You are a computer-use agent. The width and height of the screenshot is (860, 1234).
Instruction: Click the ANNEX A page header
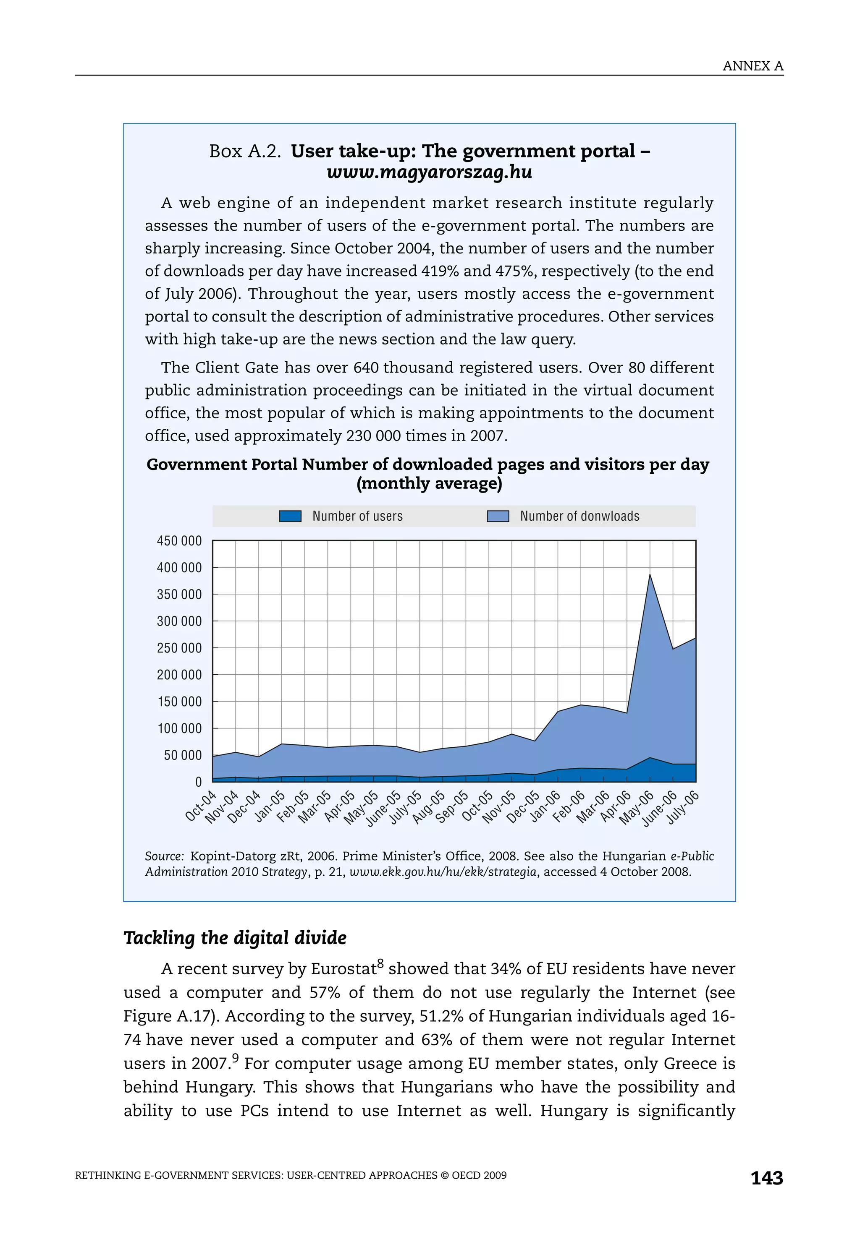[x=752, y=66]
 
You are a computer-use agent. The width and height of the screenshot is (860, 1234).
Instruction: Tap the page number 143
[x=766, y=1178]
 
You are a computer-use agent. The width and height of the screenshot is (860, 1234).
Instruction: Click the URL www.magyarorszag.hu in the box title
[x=429, y=172]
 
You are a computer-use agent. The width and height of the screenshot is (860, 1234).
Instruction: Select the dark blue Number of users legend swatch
[x=290, y=516]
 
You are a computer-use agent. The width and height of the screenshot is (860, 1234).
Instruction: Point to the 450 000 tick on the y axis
[x=179, y=541]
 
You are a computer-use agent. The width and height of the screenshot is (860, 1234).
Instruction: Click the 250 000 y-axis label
[x=179, y=648]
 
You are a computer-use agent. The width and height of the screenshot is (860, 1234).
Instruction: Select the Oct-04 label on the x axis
[x=201, y=806]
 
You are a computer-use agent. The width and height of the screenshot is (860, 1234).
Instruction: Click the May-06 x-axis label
[x=636, y=808]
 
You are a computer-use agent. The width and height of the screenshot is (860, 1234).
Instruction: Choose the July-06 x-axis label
[x=683, y=808]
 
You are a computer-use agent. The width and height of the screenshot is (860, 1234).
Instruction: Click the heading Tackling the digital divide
[x=235, y=938]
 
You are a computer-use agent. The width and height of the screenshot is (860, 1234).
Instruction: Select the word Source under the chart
[x=164, y=856]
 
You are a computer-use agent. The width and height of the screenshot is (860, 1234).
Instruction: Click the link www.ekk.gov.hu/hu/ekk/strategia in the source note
[x=443, y=872]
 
